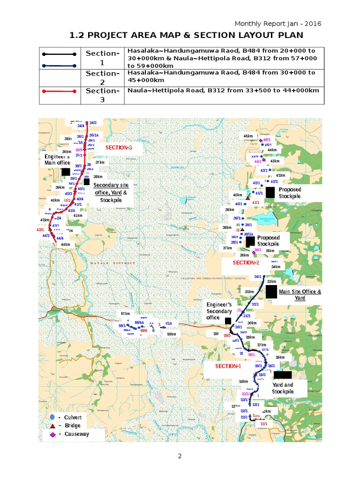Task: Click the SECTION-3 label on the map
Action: click(119, 148)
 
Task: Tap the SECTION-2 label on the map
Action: click(246, 263)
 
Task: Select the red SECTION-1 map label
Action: click(228, 366)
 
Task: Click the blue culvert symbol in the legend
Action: click(52, 417)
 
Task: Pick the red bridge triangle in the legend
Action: click(52, 426)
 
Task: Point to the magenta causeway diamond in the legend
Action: click(52, 435)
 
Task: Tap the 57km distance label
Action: click(125, 314)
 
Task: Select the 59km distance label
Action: click(172, 334)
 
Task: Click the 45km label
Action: click(248, 136)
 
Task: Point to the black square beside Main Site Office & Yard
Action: click(271, 291)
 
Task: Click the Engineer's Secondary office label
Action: click(219, 311)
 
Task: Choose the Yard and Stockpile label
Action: click(283, 388)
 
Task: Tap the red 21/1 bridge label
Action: click(264, 424)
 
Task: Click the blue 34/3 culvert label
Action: click(93, 123)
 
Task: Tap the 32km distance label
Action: click(249, 292)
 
